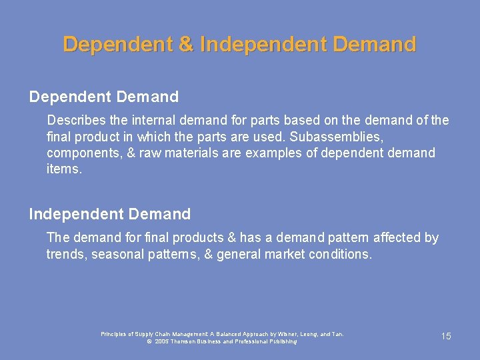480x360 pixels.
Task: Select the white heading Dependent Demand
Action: click(x=104, y=97)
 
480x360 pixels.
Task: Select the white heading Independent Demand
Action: click(x=110, y=214)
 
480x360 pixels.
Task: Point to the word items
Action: click(x=64, y=169)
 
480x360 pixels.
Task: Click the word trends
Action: click(x=65, y=254)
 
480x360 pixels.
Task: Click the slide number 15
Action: click(x=446, y=337)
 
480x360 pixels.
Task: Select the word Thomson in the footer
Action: click(x=190, y=341)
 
